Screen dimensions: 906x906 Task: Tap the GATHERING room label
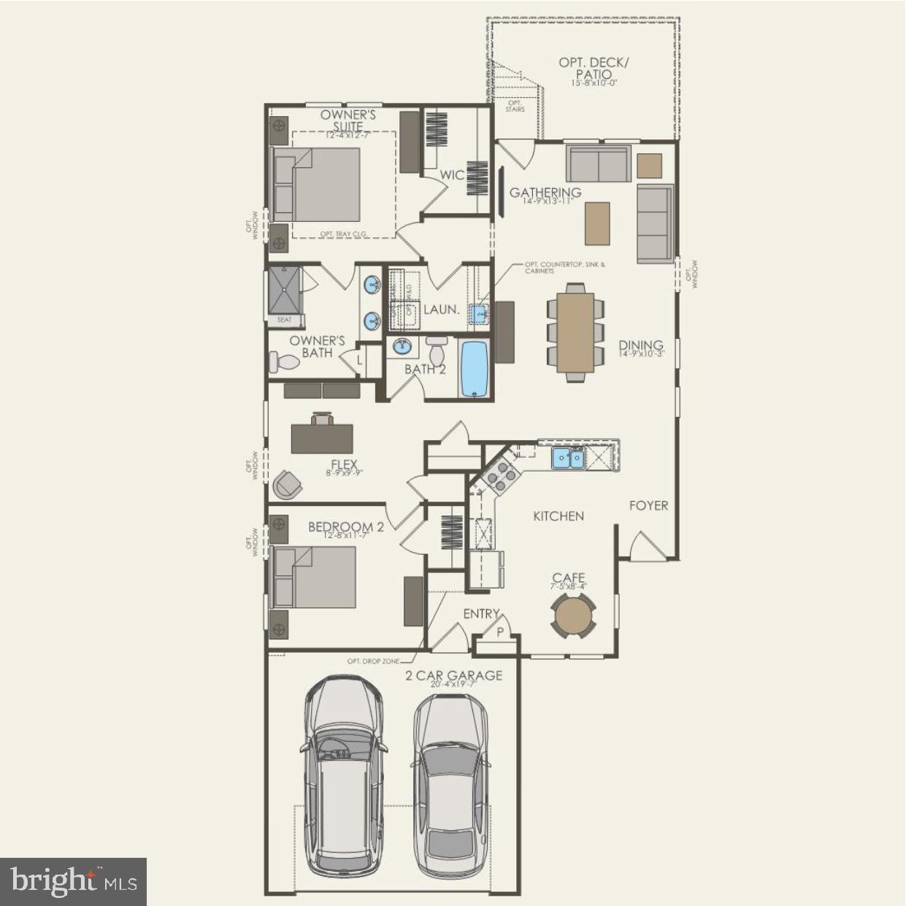[545, 193]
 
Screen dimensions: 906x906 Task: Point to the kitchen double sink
[568, 458]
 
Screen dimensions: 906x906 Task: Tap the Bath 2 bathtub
[475, 369]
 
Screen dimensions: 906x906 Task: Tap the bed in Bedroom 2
[314, 577]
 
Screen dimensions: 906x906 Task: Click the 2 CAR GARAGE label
[454, 676]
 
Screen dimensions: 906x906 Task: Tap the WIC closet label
[452, 175]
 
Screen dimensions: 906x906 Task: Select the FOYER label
[648, 505]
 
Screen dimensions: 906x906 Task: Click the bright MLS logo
[73, 882]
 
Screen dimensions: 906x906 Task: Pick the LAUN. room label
[442, 310]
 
